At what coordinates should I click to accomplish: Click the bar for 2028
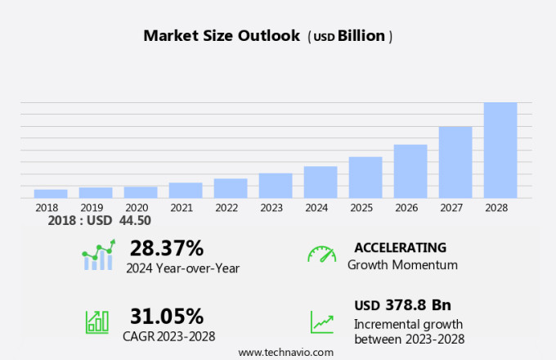500,150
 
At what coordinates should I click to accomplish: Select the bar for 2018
51,193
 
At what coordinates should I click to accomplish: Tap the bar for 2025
365,177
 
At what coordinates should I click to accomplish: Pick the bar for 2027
455,162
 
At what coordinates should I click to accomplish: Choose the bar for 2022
231,188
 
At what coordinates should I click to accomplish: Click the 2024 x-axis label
316,208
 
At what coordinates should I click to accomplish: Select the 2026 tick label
410,208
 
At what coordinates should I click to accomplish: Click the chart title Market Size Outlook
222,36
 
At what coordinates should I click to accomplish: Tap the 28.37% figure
167,248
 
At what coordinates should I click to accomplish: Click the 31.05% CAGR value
167,316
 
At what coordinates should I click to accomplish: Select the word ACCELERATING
400,247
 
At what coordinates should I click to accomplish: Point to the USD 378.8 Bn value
402,305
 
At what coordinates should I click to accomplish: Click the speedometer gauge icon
321,254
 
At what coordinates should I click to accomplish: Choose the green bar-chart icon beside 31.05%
97,321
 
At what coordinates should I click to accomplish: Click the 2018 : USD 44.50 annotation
99,221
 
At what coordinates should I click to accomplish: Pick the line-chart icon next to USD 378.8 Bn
321,322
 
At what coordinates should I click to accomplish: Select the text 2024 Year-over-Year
182,268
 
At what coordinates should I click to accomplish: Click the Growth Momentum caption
402,265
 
